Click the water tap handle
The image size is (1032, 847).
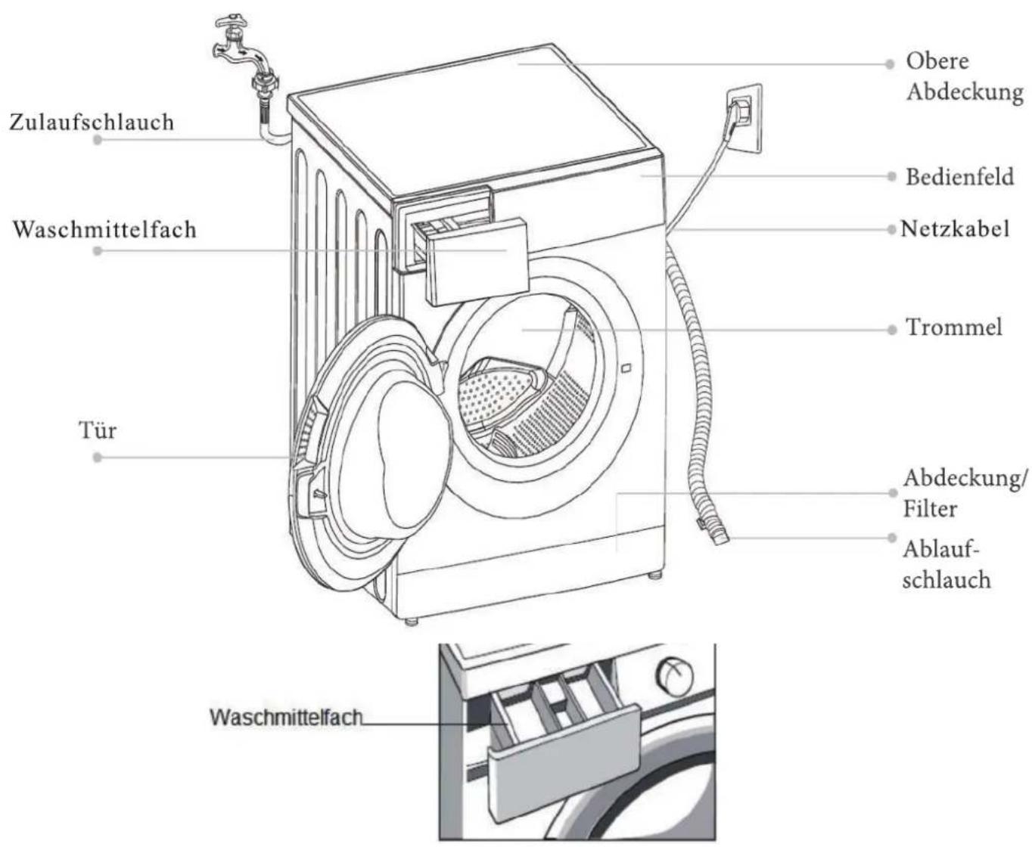[231, 23]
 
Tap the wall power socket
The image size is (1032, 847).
[744, 119]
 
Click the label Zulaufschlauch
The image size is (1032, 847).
[92, 123]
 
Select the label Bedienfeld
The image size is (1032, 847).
[959, 177]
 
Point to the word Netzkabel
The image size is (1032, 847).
[955, 229]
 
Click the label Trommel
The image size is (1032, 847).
[954, 327]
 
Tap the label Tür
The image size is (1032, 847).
[98, 430]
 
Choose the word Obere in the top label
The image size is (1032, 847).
[937, 61]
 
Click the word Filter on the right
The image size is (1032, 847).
[930, 509]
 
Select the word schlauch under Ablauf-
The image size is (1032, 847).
[947, 580]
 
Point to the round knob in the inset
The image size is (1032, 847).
[675, 677]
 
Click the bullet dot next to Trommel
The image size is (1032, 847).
[891, 330]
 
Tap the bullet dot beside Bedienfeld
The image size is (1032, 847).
[891, 176]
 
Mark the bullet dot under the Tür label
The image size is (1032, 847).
[98, 458]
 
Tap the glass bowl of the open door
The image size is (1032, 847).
[412, 455]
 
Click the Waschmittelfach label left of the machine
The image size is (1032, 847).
[104, 230]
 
